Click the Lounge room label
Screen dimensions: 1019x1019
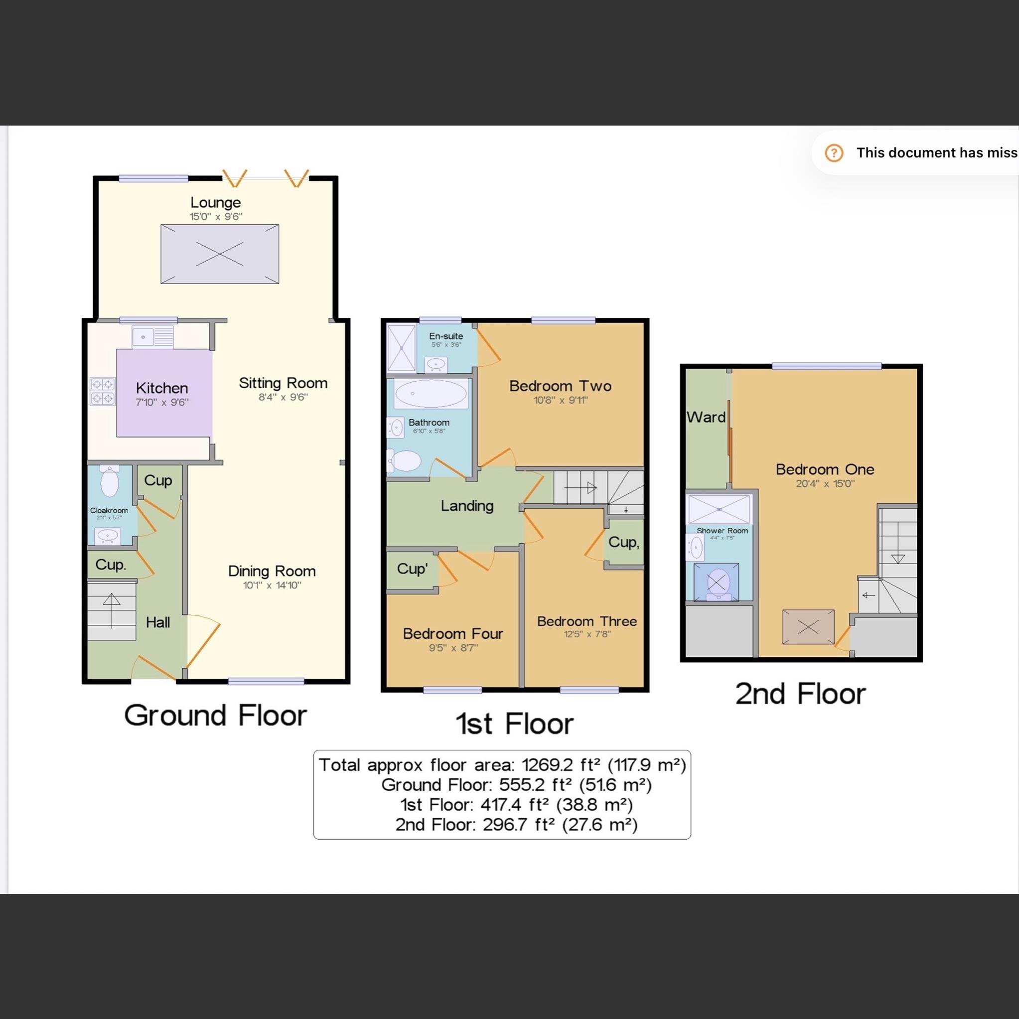point(215,202)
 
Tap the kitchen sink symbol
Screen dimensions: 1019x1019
point(152,336)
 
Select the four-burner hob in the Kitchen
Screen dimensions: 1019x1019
point(102,391)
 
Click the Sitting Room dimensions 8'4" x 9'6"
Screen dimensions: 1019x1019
point(283,397)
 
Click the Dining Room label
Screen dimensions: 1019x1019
point(272,571)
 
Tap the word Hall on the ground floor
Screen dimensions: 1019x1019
point(157,622)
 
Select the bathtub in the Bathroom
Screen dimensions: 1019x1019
point(431,394)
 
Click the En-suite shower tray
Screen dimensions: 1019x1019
point(402,348)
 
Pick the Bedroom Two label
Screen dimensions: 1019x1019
point(560,386)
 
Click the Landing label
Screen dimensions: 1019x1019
point(467,506)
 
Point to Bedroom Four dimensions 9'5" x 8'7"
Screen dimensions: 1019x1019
point(453,648)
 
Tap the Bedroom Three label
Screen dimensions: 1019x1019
point(586,621)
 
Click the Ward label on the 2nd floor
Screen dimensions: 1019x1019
point(706,417)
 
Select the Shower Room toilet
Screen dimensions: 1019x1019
point(716,583)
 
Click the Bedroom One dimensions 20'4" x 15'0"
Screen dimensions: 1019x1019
point(825,484)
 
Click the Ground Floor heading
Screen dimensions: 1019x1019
point(215,716)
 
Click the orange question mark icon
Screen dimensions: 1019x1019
point(834,153)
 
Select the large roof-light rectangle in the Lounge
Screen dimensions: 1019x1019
point(219,254)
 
